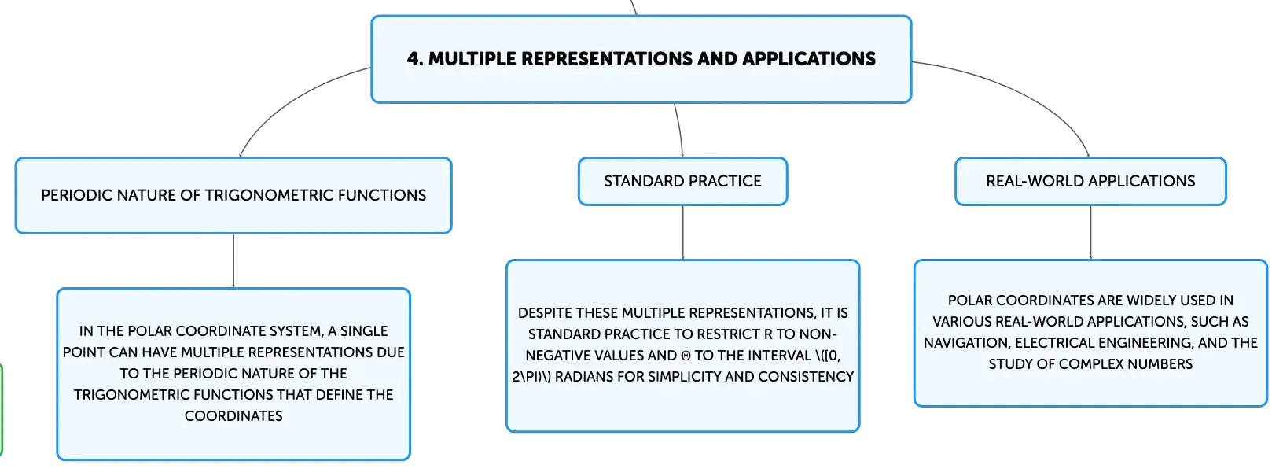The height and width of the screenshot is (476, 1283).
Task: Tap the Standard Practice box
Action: click(682, 181)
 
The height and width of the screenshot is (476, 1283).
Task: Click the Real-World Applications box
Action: click(1090, 181)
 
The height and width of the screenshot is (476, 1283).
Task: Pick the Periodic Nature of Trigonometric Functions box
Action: click(233, 196)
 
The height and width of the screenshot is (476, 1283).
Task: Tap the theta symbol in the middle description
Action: click(686, 356)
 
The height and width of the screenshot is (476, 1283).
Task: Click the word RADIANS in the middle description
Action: click(582, 377)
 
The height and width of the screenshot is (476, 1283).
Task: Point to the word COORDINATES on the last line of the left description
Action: click(233, 416)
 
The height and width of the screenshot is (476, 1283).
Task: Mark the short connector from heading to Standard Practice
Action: click(680, 130)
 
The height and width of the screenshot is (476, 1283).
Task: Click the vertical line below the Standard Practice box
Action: click(682, 232)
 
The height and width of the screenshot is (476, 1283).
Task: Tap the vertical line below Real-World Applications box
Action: click(1090, 232)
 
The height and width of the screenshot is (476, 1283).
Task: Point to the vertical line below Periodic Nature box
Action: click(233, 261)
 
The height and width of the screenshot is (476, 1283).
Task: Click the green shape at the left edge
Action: click(1, 409)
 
